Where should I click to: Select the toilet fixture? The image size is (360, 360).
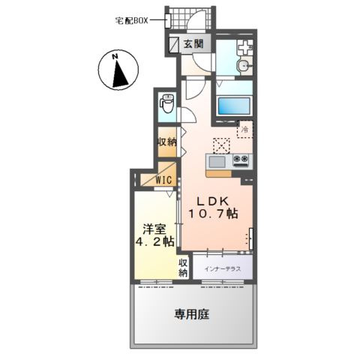coord(166,103)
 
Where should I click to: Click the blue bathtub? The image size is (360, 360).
coord(235,106)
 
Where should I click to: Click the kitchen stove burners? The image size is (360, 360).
coord(241,160)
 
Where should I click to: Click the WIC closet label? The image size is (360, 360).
coord(164,179)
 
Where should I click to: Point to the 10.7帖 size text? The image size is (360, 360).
coord(214,214)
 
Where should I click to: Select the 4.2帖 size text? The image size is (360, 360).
coord(155,242)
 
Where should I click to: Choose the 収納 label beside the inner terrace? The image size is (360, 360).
coord(182,268)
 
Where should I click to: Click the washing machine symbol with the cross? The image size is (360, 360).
coord(244,46)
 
